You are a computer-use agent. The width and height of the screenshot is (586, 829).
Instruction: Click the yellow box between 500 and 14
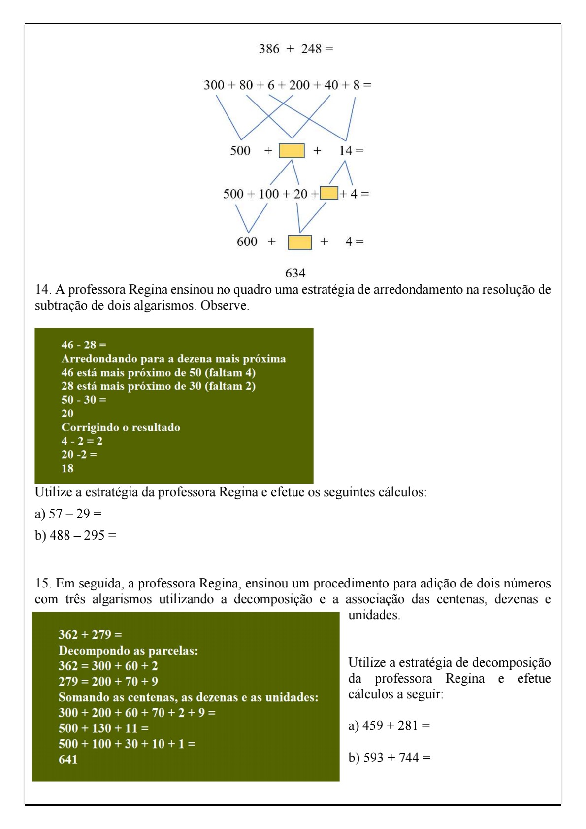tap(292, 151)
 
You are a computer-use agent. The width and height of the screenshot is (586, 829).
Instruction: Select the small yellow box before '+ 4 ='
tap(328, 193)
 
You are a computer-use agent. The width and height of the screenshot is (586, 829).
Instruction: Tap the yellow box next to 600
tap(299, 242)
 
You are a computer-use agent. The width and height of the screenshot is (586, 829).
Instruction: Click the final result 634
tap(295, 273)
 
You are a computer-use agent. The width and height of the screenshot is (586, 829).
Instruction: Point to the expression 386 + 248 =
tap(296, 49)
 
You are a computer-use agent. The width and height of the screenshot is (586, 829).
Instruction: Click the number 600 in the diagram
tap(247, 242)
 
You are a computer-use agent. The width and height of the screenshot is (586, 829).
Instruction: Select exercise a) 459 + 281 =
tap(389, 725)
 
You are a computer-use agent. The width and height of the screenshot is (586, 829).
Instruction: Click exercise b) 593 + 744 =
tap(390, 757)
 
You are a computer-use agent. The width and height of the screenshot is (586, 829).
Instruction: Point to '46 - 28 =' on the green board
tap(84, 345)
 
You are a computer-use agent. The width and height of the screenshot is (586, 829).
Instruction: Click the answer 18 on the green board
tap(67, 468)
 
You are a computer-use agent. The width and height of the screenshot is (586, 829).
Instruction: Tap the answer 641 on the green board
tap(68, 759)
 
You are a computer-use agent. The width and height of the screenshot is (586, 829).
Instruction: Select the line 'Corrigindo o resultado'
tap(121, 427)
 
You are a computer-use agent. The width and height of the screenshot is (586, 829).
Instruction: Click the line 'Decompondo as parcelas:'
tap(128, 650)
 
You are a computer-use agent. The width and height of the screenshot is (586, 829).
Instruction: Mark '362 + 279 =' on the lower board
tap(90, 634)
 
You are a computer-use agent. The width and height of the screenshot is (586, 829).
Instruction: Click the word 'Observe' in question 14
tap(225, 306)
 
